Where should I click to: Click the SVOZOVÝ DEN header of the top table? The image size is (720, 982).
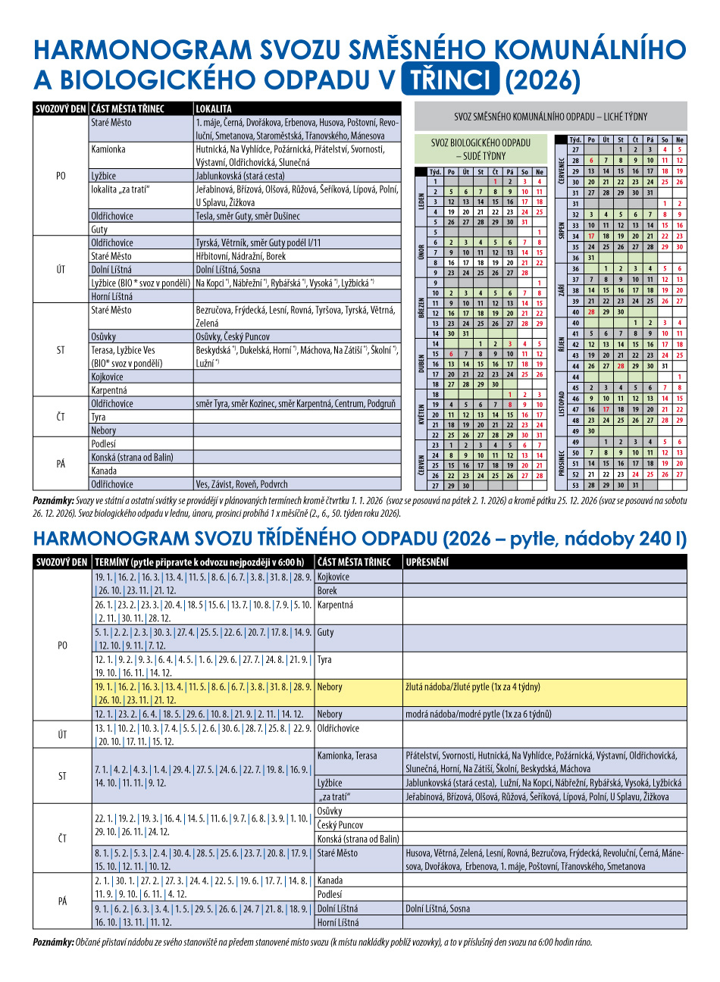pyautogui.click(x=61, y=109)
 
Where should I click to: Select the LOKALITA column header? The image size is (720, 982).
pyautogui.click(x=214, y=109)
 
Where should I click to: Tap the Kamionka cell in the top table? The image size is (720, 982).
pyautogui.click(x=108, y=149)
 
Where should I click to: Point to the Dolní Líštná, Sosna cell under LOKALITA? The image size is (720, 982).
pyautogui.click(x=228, y=270)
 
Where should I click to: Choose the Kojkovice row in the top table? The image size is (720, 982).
pyautogui.click(x=107, y=377)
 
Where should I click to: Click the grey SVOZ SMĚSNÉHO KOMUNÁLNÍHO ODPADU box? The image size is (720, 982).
pyautogui.click(x=550, y=117)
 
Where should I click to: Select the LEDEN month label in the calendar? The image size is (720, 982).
pyautogui.click(x=420, y=202)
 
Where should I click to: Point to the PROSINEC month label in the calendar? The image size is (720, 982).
pyautogui.click(x=562, y=458)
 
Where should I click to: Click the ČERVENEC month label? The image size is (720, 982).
pyautogui.click(x=562, y=165)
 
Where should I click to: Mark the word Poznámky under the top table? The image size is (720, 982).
pyautogui.click(x=53, y=501)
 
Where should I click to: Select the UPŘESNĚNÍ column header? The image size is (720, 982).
pyautogui.click(x=427, y=562)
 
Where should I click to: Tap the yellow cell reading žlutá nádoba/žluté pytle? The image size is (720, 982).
pyautogui.click(x=473, y=687)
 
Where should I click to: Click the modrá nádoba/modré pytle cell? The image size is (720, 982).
pyautogui.click(x=478, y=714)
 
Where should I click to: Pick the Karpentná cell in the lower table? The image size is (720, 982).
pyautogui.click(x=335, y=605)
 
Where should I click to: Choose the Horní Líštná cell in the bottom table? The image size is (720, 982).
pyautogui.click(x=338, y=922)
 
